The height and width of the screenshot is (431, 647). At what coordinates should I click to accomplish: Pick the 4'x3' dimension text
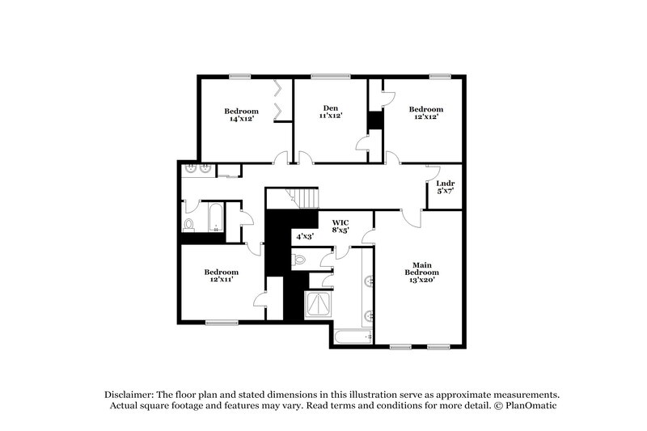304,236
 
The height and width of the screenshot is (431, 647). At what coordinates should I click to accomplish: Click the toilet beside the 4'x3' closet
299,260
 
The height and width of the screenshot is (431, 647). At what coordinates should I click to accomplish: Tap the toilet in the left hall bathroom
189,225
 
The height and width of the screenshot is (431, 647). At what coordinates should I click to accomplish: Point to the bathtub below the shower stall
351,336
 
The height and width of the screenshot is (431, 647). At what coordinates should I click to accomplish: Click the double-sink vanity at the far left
198,169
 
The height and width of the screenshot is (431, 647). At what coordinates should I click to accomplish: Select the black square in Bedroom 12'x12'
374,120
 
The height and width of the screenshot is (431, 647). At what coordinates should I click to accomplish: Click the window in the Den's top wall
326,77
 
